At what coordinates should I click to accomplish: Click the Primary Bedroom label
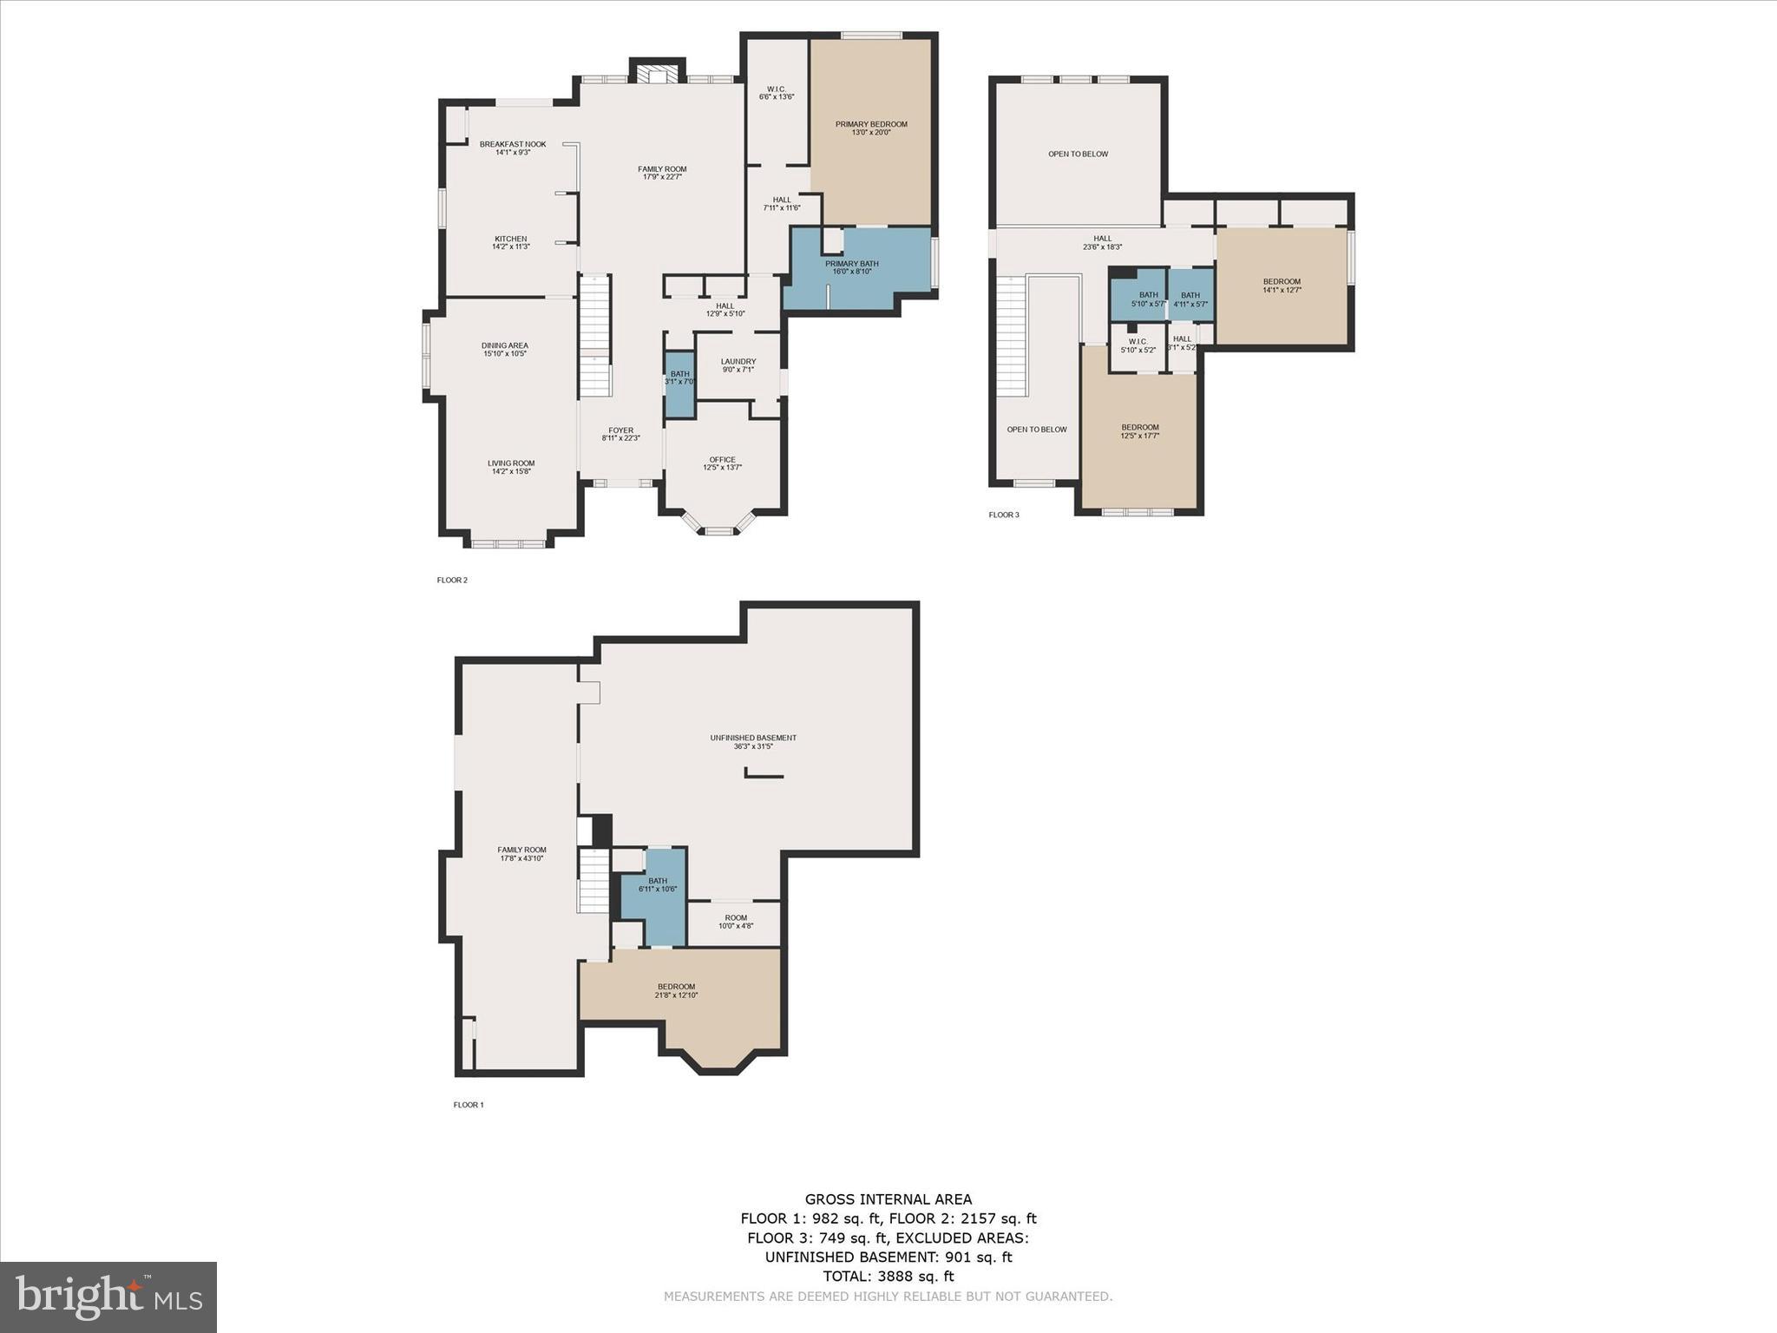point(871,128)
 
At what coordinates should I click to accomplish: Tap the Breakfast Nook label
point(513,148)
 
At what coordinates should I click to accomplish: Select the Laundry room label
point(738,364)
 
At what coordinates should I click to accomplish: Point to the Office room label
point(722,463)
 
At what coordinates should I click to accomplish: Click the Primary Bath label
point(851,267)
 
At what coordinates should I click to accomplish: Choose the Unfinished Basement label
point(752,741)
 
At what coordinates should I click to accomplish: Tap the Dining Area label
point(504,349)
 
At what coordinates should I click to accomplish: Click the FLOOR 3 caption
point(1004,515)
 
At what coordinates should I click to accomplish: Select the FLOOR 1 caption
point(469,1105)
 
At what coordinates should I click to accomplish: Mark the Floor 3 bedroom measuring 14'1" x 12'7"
point(1281,286)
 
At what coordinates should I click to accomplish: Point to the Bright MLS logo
point(108,1297)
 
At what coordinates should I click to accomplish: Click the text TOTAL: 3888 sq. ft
point(888,1276)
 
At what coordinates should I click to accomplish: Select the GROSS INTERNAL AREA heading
point(888,1199)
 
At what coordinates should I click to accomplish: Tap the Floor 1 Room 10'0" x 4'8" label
point(735,922)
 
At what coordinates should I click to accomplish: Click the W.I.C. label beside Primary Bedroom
point(776,93)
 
